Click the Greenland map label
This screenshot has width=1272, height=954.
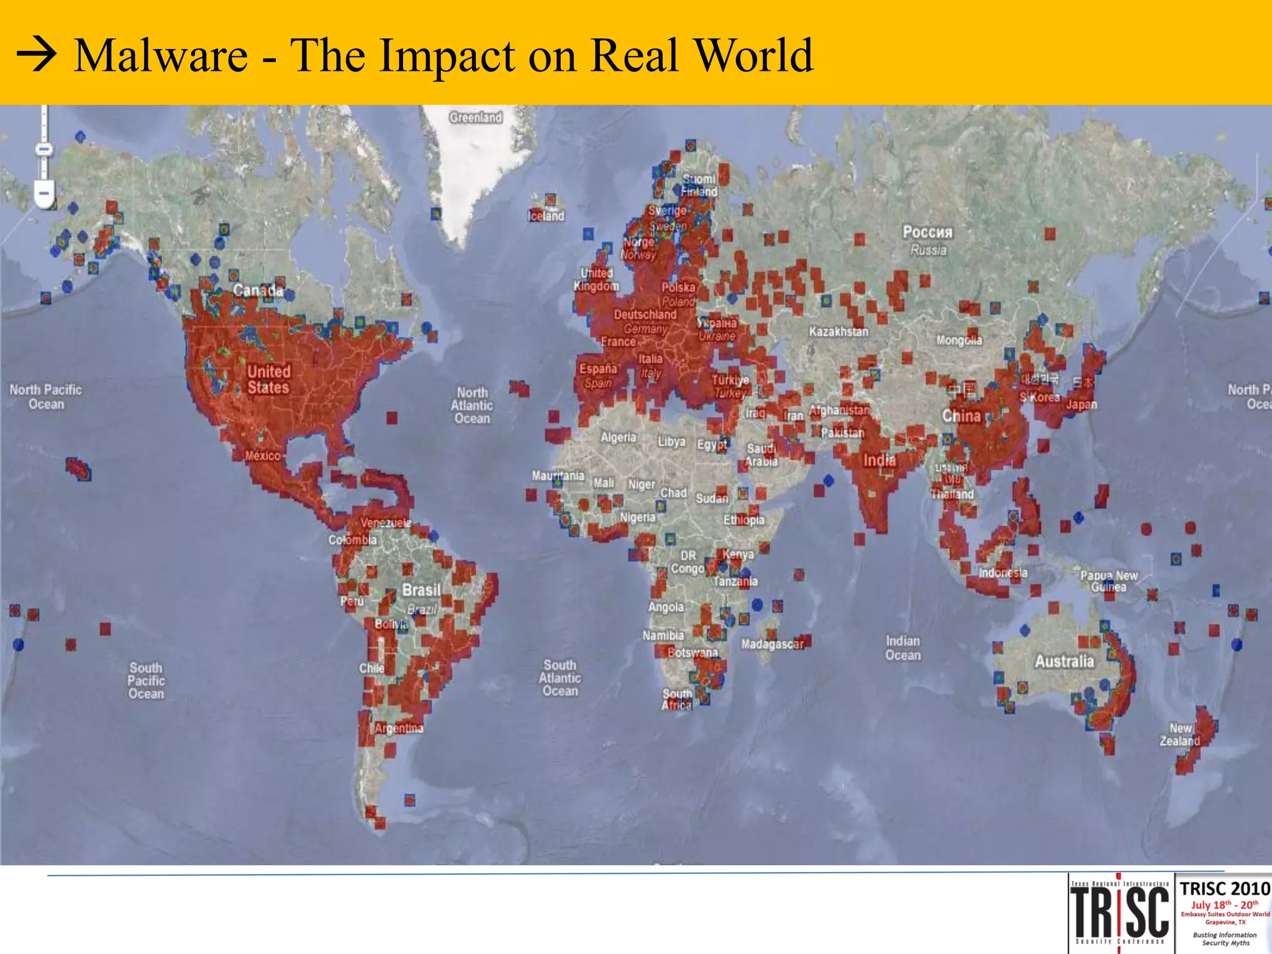476,117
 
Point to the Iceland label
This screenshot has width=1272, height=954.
547,216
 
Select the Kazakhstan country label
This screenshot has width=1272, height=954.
838,332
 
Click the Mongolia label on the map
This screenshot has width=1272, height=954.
960,340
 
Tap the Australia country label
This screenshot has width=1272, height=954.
1064,661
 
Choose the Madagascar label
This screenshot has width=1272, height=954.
772,644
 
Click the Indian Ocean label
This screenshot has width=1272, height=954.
902,648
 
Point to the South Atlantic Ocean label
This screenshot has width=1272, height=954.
560,678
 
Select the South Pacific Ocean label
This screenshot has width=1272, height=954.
146,681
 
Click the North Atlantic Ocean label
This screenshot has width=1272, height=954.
472,405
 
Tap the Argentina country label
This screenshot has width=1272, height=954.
399,728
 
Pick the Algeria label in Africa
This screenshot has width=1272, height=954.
618,437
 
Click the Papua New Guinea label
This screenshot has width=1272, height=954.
1109,581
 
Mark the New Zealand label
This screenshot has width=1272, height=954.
1180,734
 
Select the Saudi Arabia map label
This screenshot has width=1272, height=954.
761,455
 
